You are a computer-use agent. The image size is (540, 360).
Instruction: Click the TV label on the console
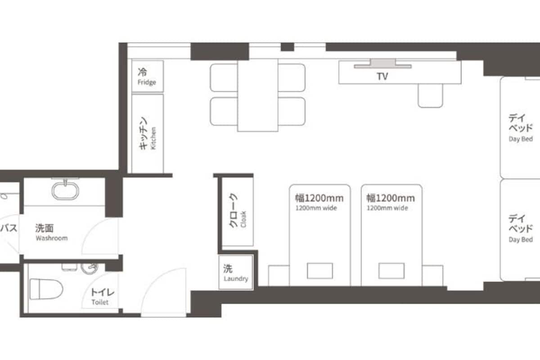point(382,76)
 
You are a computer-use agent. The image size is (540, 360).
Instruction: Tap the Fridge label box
point(147,76)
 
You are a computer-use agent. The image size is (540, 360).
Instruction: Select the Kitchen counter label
point(147,133)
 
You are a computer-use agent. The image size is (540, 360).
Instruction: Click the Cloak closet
point(238,211)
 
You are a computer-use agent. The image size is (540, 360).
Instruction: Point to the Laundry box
point(236,273)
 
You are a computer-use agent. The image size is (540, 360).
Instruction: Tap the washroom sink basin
point(66,190)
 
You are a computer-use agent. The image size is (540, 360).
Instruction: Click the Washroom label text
point(51,232)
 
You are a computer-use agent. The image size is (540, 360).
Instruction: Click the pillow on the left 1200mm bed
point(320,271)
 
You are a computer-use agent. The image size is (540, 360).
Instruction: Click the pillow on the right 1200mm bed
point(391,271)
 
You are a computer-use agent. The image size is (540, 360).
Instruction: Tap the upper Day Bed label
point(521,127)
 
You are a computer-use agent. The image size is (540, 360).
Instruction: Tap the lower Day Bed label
point(521,228)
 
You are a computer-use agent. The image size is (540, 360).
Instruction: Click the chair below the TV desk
point(430,96)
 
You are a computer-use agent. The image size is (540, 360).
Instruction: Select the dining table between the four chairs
point(257,95)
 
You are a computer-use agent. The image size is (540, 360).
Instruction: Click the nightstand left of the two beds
point(278,275)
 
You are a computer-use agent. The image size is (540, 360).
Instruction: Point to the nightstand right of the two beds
point(432,275)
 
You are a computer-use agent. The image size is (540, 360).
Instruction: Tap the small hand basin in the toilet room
point(89,268)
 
